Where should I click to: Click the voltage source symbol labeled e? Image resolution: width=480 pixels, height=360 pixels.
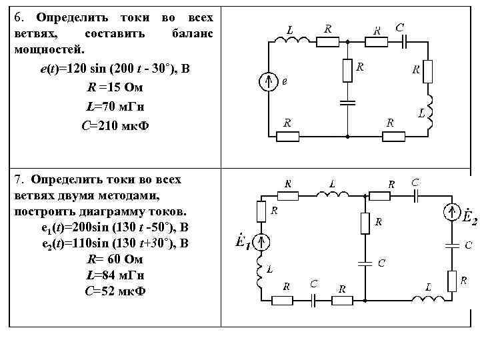click(268, 81)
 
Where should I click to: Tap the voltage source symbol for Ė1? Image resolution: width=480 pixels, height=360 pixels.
click(261, 243)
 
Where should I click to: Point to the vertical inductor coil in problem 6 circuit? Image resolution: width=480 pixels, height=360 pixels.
click(430, 110)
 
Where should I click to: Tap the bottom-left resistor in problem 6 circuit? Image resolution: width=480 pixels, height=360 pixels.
click(289, 136)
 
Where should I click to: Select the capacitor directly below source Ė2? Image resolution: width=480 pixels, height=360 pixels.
click(452, 245)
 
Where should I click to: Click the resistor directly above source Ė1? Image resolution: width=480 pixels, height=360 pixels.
click(261, 212)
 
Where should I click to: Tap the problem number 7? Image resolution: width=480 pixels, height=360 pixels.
click(16, 180)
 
